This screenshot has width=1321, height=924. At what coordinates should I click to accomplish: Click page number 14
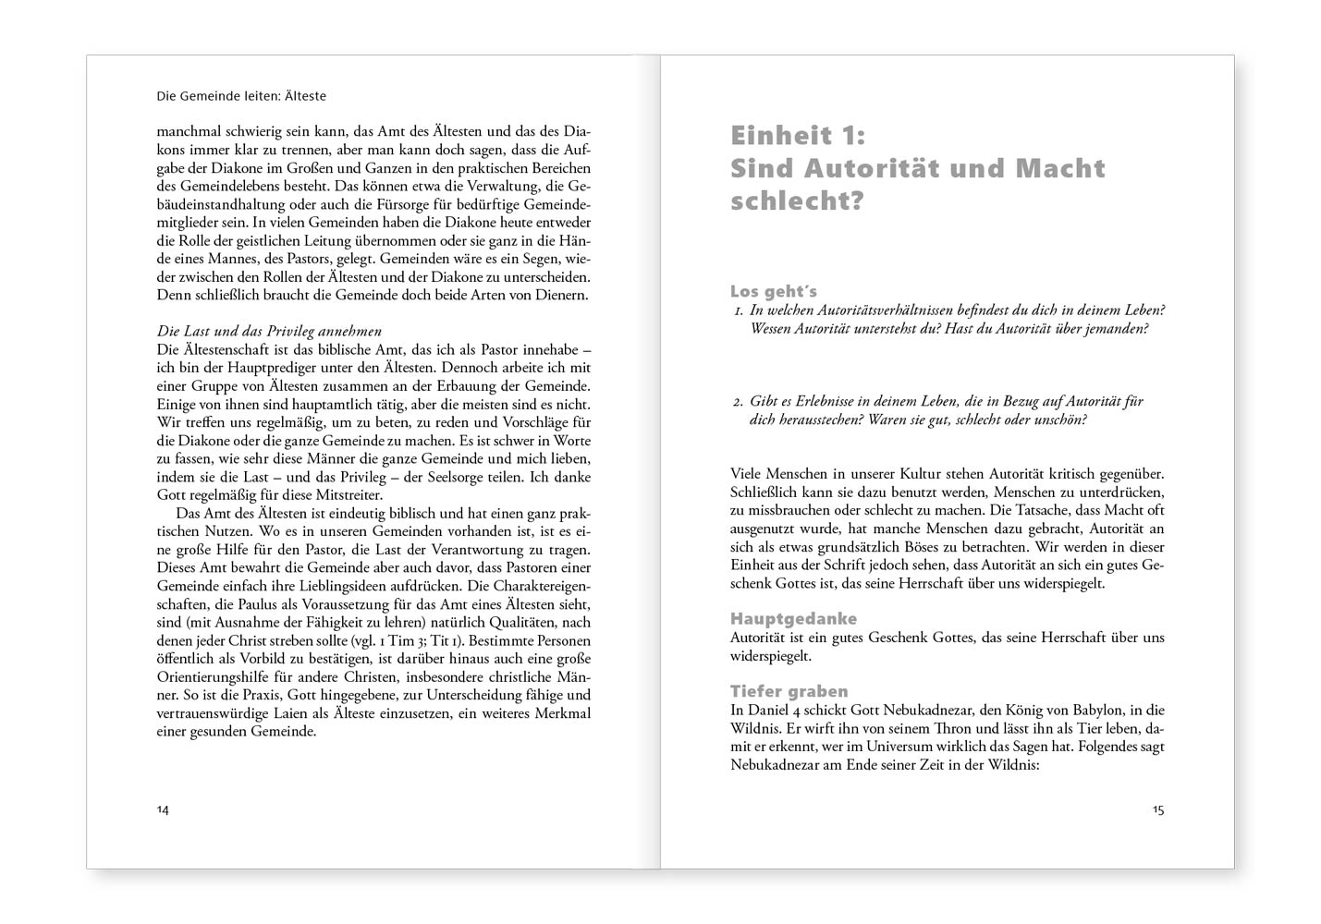[x=163, y=809]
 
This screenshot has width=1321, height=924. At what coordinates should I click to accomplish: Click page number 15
[x=1158, y=809]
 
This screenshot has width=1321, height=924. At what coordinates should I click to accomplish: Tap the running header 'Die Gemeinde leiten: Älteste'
[x=241, y=96]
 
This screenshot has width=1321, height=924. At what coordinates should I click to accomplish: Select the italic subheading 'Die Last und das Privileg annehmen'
[x=269, y=331]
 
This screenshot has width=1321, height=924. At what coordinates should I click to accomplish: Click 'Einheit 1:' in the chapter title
[x=798, y=136]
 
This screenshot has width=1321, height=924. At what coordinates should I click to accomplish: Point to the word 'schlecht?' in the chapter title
[x=797, y=201]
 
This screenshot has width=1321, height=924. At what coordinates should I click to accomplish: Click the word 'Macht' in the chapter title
[x=1060, y=168]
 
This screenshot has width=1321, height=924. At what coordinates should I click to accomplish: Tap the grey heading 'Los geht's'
[x=773, y=292]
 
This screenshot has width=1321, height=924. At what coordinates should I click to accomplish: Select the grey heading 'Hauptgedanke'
[x=793, y=618]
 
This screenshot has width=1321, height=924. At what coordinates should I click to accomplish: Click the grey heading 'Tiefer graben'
[x=789, y=691]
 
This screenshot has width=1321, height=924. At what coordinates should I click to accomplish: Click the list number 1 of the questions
[x=739, y=311]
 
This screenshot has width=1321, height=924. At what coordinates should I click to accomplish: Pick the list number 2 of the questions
[x=738, y=402]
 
